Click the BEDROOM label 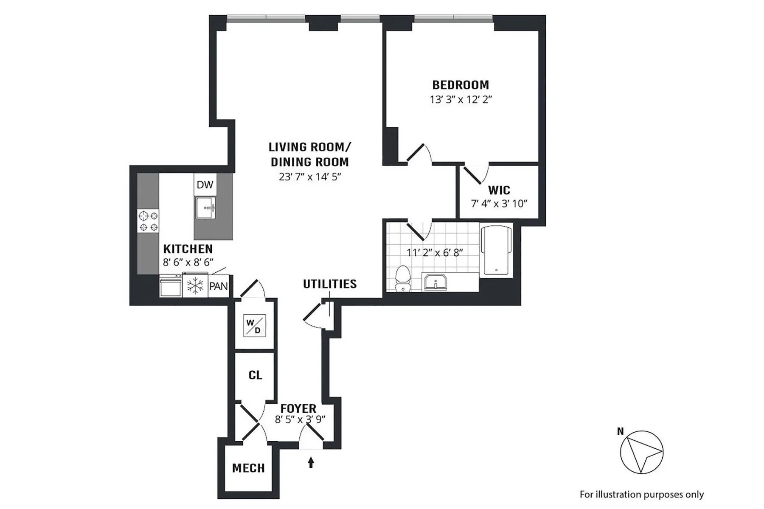461,85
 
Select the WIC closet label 499,190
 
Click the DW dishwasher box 205,185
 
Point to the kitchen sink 206,208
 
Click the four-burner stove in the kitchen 149,221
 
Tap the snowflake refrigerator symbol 195,286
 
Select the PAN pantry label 219,286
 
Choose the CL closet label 255,375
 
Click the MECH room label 248,468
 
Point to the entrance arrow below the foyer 311,462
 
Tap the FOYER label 298,408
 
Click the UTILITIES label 329,284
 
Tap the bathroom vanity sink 435,282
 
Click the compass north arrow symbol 641,452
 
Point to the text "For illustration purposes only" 641,495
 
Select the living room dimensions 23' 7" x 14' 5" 310,177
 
